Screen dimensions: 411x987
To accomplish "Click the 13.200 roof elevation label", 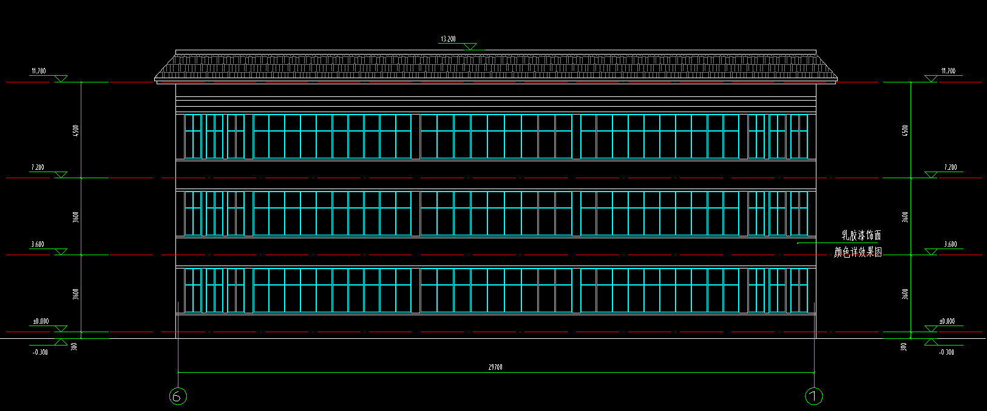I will tap(448, 39).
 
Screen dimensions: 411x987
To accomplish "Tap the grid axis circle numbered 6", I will tap(177, 396).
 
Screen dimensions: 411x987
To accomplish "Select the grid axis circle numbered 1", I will tap(813, 396).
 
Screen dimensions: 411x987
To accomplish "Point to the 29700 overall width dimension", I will tap(495, 367).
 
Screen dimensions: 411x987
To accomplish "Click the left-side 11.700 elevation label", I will tap(38, 72).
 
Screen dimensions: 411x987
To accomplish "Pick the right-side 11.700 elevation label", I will tap(948, 72).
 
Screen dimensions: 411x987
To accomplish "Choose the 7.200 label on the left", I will tap(38, 167).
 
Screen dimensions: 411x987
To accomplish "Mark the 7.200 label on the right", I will tap(950, 167).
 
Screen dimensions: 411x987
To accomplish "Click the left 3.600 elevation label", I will tap(38, 244).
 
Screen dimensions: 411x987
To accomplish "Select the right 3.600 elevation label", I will tap(950, 244).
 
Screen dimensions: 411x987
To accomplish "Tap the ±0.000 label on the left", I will tap(41, 321).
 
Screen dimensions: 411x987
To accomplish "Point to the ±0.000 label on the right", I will tap(947, 321).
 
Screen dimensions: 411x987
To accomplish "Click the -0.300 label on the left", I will tap(40, 352).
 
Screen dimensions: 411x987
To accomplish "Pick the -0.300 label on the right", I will tap(946, 352).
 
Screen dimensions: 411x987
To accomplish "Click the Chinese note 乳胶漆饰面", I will tap(861, 235).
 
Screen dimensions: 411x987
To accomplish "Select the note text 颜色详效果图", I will tap(858, 252).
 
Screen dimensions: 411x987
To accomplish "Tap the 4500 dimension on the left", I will tap(75, 130).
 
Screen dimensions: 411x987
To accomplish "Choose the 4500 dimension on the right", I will tap(905, 130).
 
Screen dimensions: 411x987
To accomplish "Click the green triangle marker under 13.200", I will tap(470, 47).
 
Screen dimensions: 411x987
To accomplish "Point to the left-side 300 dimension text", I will tap(74, 347).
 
